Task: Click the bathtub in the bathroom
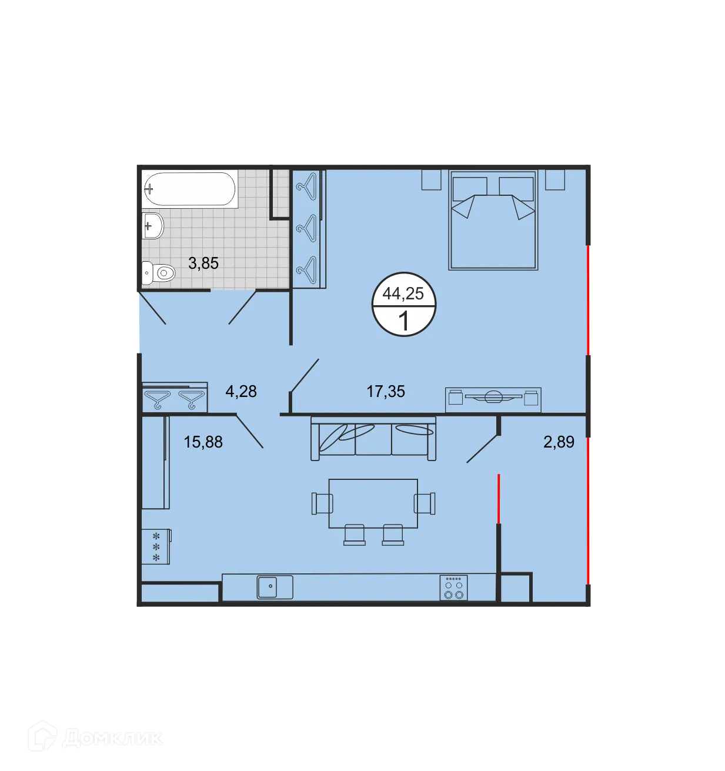tap(189, 189)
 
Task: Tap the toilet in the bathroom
tap(160, 273)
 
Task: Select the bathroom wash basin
tap(153, 226)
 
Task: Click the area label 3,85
tap(203, 263)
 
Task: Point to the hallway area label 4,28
tap(241, 392)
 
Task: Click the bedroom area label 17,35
tap(386, 392)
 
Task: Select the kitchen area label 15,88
tap(203, 442)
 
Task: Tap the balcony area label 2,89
tap(559, 442)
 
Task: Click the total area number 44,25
tap(403, 293)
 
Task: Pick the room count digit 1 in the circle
tap(403, 322)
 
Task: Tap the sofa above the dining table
tap(373, 439)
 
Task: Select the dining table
tap(373, 503)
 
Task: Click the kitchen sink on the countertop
tap(275, 587)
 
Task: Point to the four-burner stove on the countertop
tap(453, 588)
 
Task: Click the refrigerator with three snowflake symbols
tap(156, 547)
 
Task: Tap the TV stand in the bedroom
tap(493, 399)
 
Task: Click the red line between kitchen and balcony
tap(499, 498)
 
